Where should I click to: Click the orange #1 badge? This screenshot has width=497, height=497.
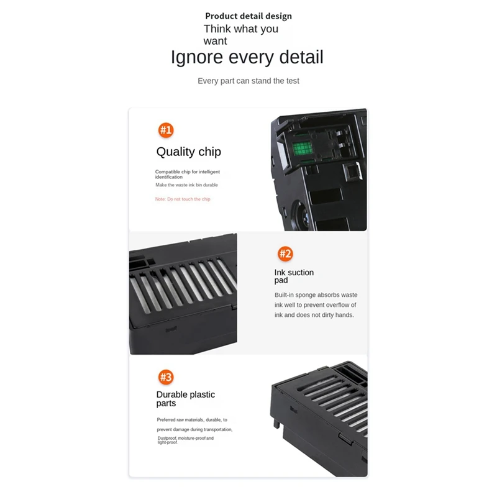166,130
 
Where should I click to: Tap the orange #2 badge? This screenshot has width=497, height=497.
285,253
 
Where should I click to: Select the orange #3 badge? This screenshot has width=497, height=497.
166,377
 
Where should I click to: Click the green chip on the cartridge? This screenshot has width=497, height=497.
302,148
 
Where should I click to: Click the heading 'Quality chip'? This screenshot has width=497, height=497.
188,152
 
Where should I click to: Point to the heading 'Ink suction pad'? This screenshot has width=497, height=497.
294,276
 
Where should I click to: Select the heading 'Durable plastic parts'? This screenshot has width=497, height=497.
185,399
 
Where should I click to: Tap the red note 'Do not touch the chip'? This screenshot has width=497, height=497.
183,199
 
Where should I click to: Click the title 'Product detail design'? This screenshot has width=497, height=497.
248,16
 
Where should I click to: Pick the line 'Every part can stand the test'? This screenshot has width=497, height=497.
248,81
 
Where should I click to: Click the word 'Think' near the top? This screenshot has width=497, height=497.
217,29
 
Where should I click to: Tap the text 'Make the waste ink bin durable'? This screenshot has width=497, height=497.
186,185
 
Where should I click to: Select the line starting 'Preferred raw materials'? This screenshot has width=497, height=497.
191,420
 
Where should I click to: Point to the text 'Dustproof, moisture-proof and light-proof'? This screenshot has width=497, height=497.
185,440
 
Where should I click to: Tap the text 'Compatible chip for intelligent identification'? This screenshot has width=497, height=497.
187,174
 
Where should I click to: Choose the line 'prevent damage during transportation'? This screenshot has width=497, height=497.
194,429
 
